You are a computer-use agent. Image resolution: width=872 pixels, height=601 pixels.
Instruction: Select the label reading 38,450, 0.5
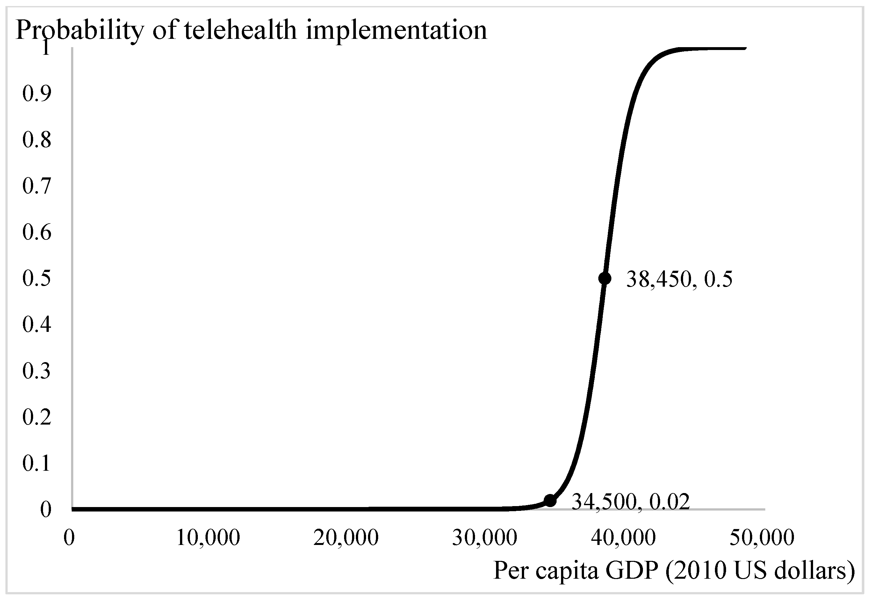(x=679, y=279)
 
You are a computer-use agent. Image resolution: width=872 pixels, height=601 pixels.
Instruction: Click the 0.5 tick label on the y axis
(x=37, y=279)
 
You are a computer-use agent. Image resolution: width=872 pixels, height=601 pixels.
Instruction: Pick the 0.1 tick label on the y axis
(x=37, y=463)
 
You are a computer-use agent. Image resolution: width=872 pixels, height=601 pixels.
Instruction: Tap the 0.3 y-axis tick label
(x=37, y=371)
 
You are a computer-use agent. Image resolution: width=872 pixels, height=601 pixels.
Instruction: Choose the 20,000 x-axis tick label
(x=346, y=538)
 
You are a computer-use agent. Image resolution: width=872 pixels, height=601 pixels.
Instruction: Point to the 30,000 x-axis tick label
(x=484, y=538)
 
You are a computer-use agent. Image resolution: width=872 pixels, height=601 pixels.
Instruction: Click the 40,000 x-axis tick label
(x=623, y=538)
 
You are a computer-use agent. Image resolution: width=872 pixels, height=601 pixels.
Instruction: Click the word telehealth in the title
(x=240, y=30)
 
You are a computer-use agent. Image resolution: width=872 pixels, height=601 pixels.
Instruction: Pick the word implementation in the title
(x=396, y=31)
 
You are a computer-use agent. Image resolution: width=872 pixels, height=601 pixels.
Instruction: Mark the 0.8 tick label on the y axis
(x=37, y=140)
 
